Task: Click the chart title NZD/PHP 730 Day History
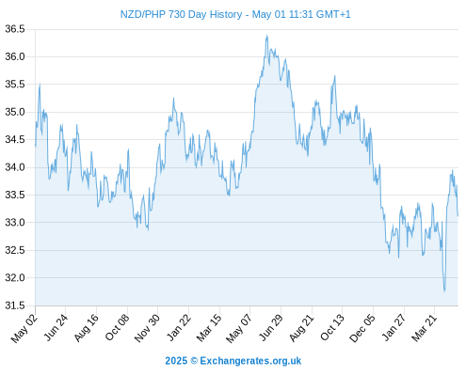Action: (x=181, y=14)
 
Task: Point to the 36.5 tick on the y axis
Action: (x=15, y=29)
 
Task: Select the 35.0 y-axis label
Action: (x=15, y=112)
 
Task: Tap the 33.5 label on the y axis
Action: (x=15, y=195)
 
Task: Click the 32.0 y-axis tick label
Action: (x=15, y=277)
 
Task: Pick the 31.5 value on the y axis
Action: (x=15, y=305)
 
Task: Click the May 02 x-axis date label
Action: (x=24, y=328)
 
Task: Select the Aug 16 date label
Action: (x=87, y=328)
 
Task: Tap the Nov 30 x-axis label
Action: (x=147, y=328)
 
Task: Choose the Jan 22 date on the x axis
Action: (x=179, y=328)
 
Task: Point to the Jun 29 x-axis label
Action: (x=271, y=328)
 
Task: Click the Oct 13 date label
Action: (x=332, y=328)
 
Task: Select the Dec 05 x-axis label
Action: (x=362, y=328)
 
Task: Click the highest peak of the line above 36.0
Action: (x=266, y=36)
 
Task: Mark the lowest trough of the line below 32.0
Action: (x=444, y=291)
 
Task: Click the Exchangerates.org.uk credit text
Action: (x=250, y=361)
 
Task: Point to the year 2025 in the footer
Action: (x=176, y=361)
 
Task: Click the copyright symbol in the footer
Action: (x=194, y=361)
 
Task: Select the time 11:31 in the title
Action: (x=301, y=14)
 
